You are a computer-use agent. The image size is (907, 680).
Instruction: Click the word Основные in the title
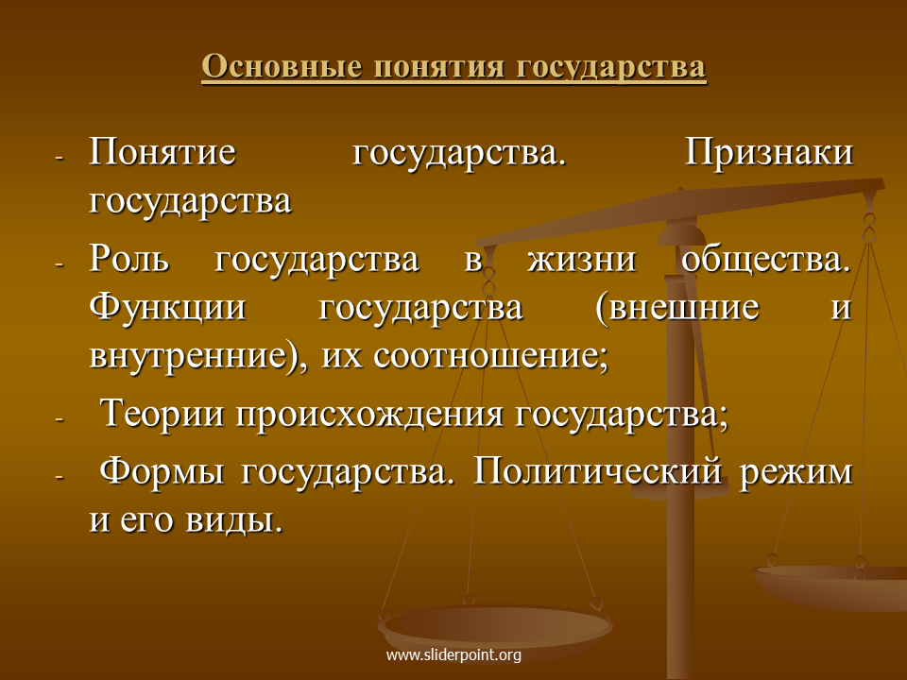[282, 66]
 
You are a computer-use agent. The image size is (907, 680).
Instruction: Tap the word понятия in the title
[438, 66]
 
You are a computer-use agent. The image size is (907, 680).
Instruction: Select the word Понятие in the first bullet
[163, 152]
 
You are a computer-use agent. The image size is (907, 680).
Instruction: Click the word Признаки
[769, 153]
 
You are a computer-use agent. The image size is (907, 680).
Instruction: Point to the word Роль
[129, 259]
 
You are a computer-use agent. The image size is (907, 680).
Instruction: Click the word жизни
[581, 259]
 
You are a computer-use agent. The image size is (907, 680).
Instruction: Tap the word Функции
[168, 306]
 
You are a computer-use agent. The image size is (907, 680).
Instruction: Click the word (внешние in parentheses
[676, 308]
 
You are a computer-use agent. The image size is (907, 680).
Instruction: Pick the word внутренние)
[197, 355]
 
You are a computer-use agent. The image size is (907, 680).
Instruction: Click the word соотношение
[490, 356]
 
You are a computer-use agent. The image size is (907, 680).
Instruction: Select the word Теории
[162, 414]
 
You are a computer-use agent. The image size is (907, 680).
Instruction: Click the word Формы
[162, 472]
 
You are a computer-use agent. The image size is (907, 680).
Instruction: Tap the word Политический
[598, 470]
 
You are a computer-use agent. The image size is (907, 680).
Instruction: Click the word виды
[234, 519]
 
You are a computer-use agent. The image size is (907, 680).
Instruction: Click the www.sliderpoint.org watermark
[453, 655]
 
